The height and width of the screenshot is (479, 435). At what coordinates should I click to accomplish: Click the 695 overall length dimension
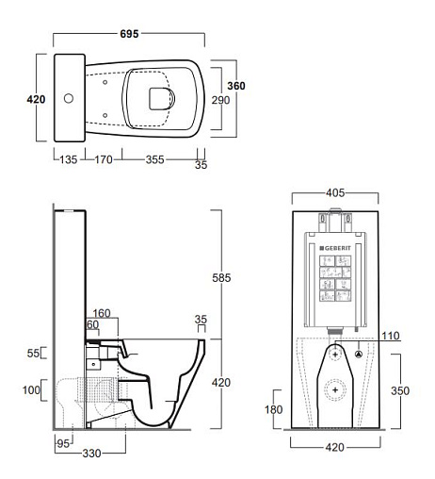tap(129, 34)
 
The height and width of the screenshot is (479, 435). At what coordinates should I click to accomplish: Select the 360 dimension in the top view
tap(236, 86)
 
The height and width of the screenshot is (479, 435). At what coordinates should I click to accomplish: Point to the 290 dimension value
tap(220, 100)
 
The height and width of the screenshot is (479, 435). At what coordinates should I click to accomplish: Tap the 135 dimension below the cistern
tap(69, 159)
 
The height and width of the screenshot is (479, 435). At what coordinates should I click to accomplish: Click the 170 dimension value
tap(104, 159)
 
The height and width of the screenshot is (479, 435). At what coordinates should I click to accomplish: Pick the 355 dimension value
tap(154, 159)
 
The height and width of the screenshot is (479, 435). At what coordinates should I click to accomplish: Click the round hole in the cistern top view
tap(69, 98)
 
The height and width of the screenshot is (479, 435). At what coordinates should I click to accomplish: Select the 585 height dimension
tap(221, 278)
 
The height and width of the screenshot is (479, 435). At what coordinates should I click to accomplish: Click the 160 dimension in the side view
tap(102, 313)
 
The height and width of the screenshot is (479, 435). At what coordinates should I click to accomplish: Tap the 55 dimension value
tap(33, 353)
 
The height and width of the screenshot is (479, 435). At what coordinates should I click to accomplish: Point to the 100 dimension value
tap(31, 390)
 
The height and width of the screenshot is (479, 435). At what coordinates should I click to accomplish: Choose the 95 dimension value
tap(63, 443)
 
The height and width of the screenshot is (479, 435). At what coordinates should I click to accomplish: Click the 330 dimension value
tap(91, 454)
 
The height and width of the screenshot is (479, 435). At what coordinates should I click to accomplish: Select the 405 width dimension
tap(335, 192)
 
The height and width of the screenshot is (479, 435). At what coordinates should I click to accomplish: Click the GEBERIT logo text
tap(335, 248)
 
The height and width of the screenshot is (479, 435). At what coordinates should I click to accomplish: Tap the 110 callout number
tap(391, 336)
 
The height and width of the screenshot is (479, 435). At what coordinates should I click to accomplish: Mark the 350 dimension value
tap(400, 390)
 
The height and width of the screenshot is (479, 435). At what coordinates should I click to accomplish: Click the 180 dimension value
tap(274, 409)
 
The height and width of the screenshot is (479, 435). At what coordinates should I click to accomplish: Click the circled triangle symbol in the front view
tap(359, 355)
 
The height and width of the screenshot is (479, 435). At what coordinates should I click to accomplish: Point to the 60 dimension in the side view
tap(93, 324)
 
